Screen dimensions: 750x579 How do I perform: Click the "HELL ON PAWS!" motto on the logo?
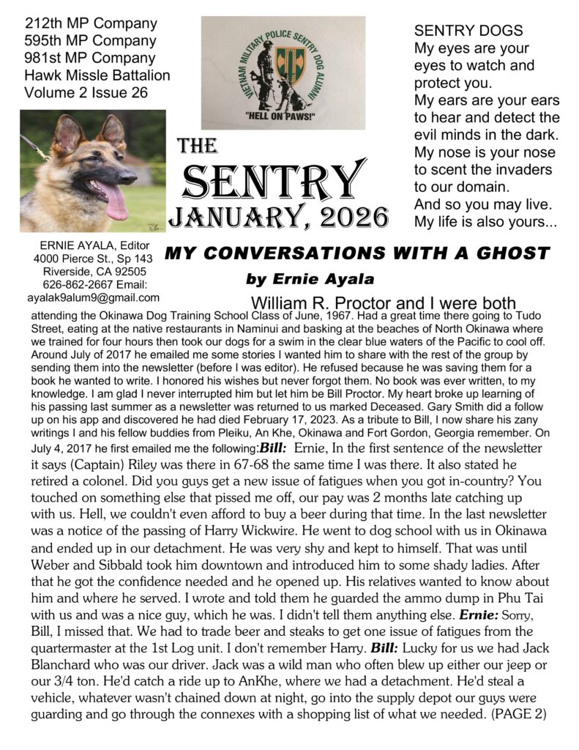[283, 116]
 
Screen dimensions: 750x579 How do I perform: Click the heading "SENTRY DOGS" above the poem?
[468, 31]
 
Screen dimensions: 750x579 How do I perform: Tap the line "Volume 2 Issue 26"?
[86, 92]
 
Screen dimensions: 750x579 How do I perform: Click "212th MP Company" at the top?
[90, 23]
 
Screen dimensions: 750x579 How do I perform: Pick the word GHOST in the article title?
[512, 254]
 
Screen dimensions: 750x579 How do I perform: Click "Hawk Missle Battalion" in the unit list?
[97, 75]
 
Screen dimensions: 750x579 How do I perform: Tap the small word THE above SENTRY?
[197, 147]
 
